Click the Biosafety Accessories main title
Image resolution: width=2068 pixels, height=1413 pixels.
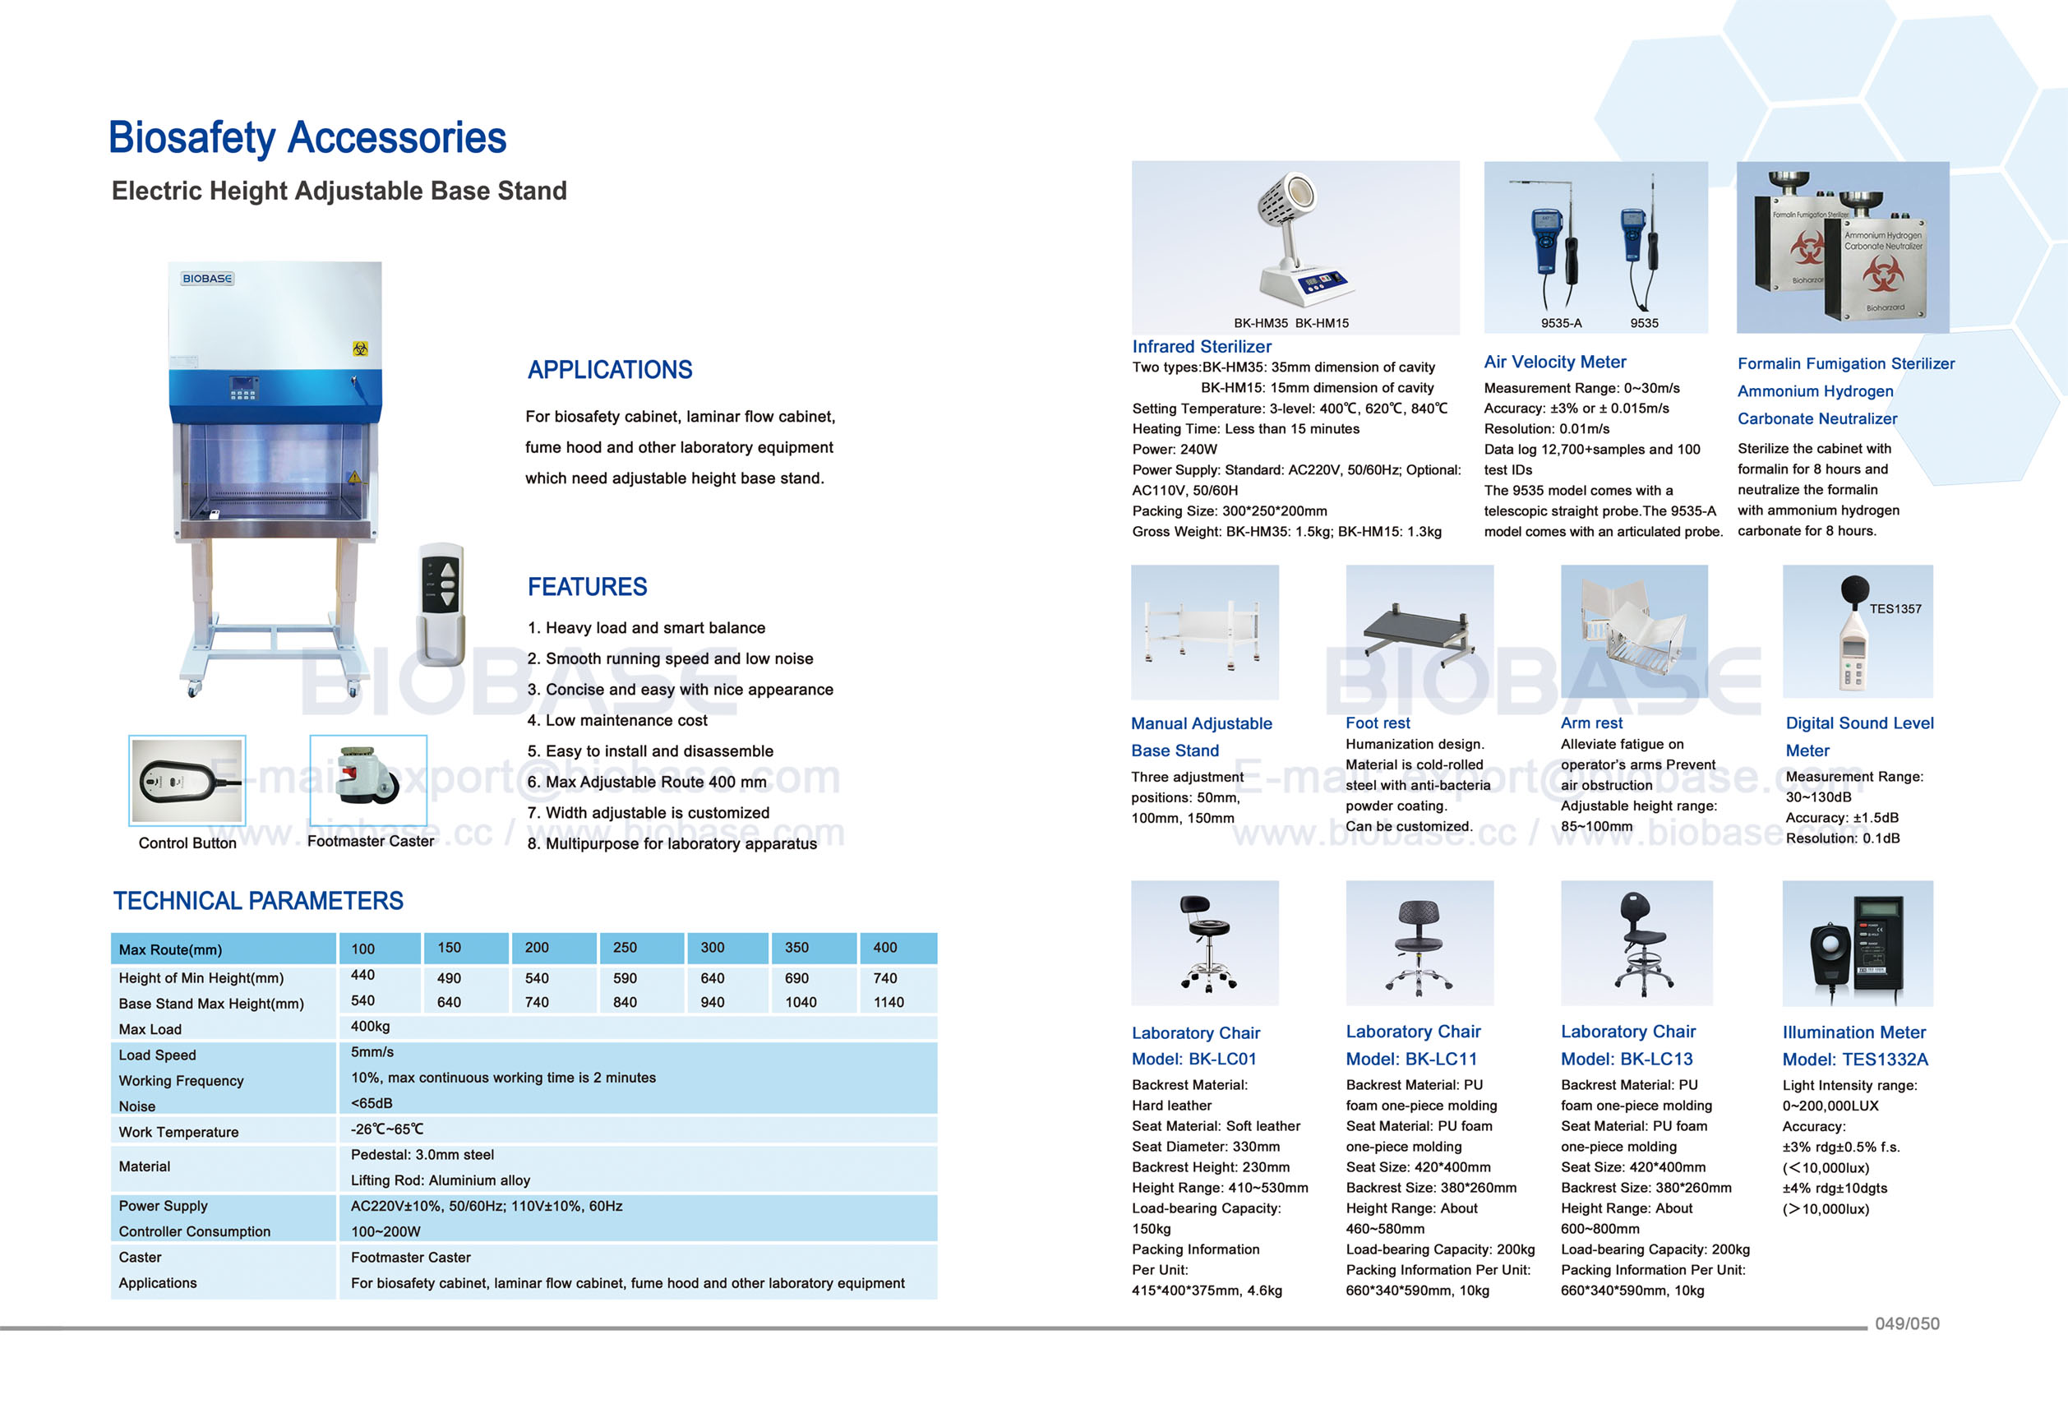coord(307,138)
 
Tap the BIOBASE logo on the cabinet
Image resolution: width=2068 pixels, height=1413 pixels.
coord(206,279)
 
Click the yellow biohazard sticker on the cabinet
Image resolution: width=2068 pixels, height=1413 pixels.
coord(359,349)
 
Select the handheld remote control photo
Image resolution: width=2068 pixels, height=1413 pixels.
coord(441,604)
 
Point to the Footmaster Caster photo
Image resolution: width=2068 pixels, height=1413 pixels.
coord(368,779)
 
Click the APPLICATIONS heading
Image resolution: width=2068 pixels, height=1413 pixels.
coord(610,370)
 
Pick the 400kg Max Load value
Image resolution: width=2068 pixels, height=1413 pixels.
coord(370,1026)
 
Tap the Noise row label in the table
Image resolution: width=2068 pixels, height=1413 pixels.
coord(137,1106)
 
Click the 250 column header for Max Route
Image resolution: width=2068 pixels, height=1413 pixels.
coord(625,948)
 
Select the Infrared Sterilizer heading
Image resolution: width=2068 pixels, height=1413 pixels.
coord(1202,347)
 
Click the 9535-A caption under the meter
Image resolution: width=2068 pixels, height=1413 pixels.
coord(1561,323)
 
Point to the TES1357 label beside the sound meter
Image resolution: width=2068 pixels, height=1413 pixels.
coord(1895,608)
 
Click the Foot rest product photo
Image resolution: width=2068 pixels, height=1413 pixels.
coord(1419,632)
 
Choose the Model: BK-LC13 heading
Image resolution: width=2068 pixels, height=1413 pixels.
coord(1627,1059)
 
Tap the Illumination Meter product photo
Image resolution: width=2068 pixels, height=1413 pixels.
coord(1857,943)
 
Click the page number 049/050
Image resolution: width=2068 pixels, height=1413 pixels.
coord(1906,1323)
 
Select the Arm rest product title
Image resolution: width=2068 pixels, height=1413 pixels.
coord(1591,723)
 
